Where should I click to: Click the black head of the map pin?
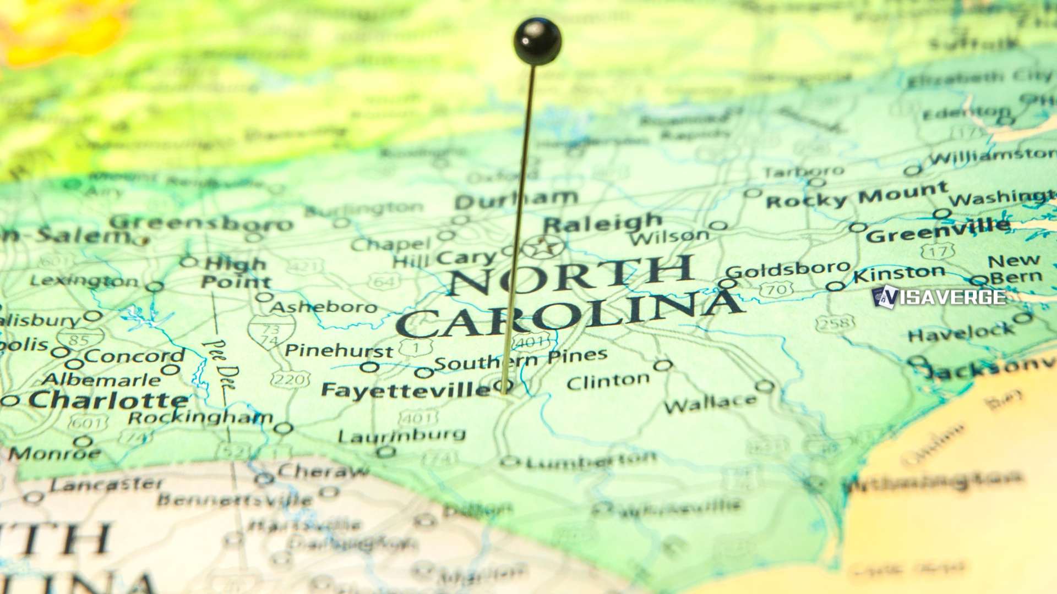537,41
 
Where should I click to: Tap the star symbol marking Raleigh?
543,247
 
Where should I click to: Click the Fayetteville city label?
405,390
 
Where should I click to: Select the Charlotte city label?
108,400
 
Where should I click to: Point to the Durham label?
516,200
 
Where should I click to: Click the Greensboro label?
201,223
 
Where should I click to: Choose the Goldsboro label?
788,269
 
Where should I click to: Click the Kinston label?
899,273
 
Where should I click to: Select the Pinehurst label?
339,350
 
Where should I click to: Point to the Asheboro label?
324,306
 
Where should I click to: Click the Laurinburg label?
402,436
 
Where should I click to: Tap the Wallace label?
710,404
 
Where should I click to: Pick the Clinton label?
608,381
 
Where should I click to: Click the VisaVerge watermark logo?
939,297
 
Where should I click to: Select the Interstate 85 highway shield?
80,339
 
